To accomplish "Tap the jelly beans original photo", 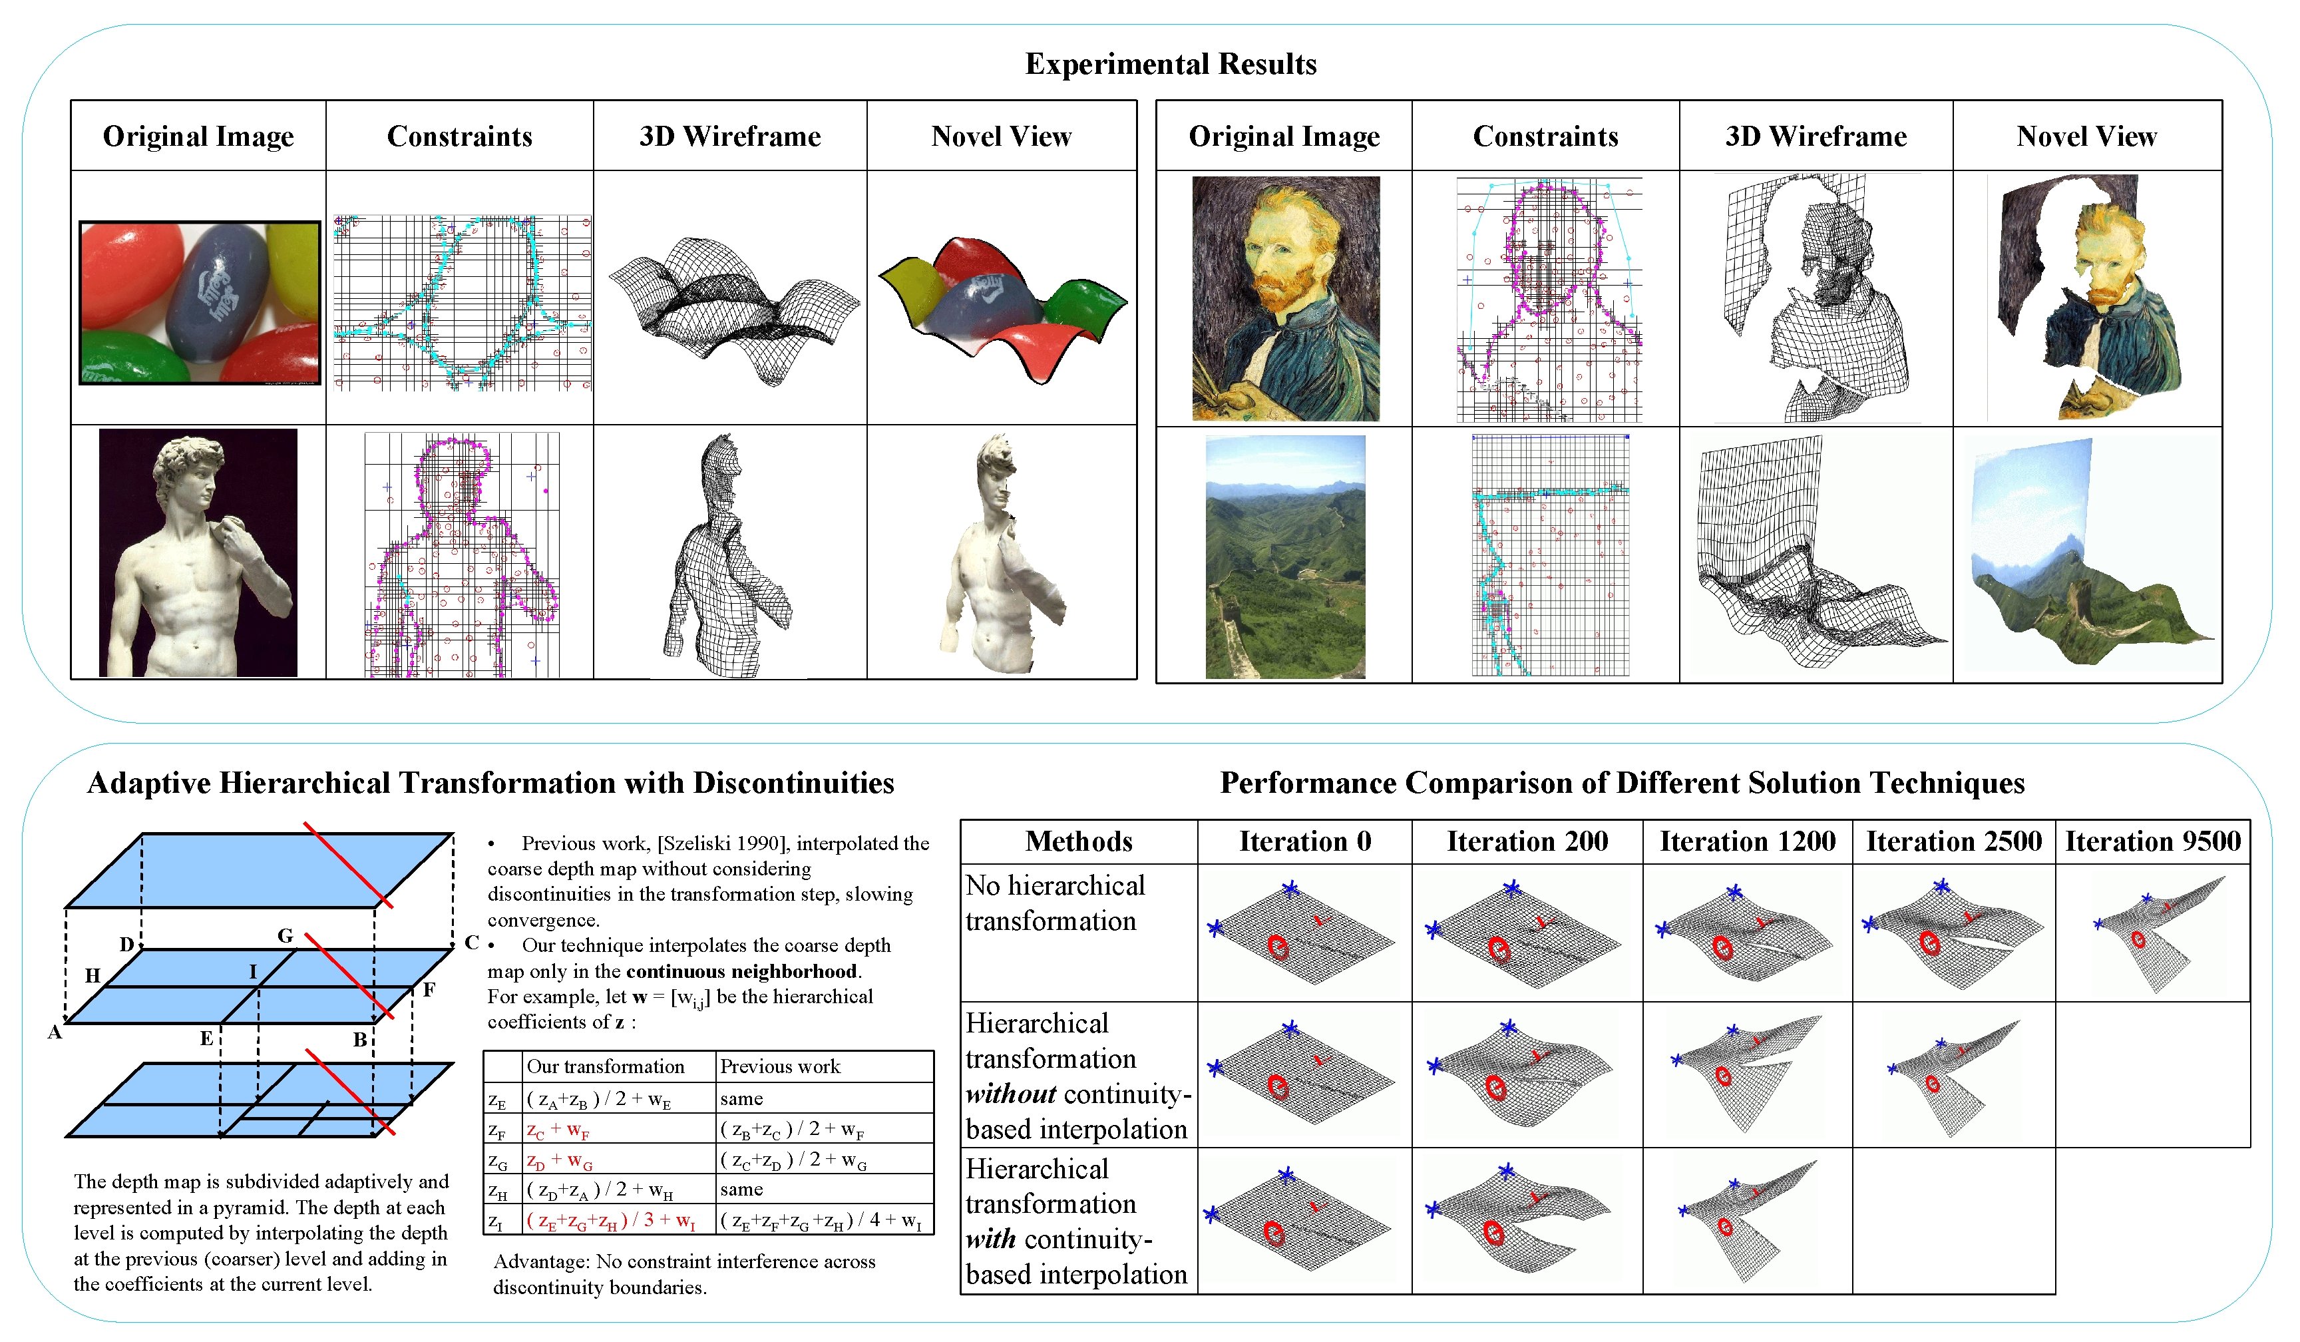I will (200, 302).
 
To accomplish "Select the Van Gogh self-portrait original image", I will (1285, 298).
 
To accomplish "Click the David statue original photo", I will (198, 553).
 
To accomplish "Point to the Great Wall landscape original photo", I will (1285, 557).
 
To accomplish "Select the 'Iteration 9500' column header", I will (2152, 841).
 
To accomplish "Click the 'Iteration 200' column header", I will (1527, 841).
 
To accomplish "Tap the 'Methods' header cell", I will (1079, 841).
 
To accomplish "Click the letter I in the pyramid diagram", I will (253, 971).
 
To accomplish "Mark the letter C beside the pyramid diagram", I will (471, 942).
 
